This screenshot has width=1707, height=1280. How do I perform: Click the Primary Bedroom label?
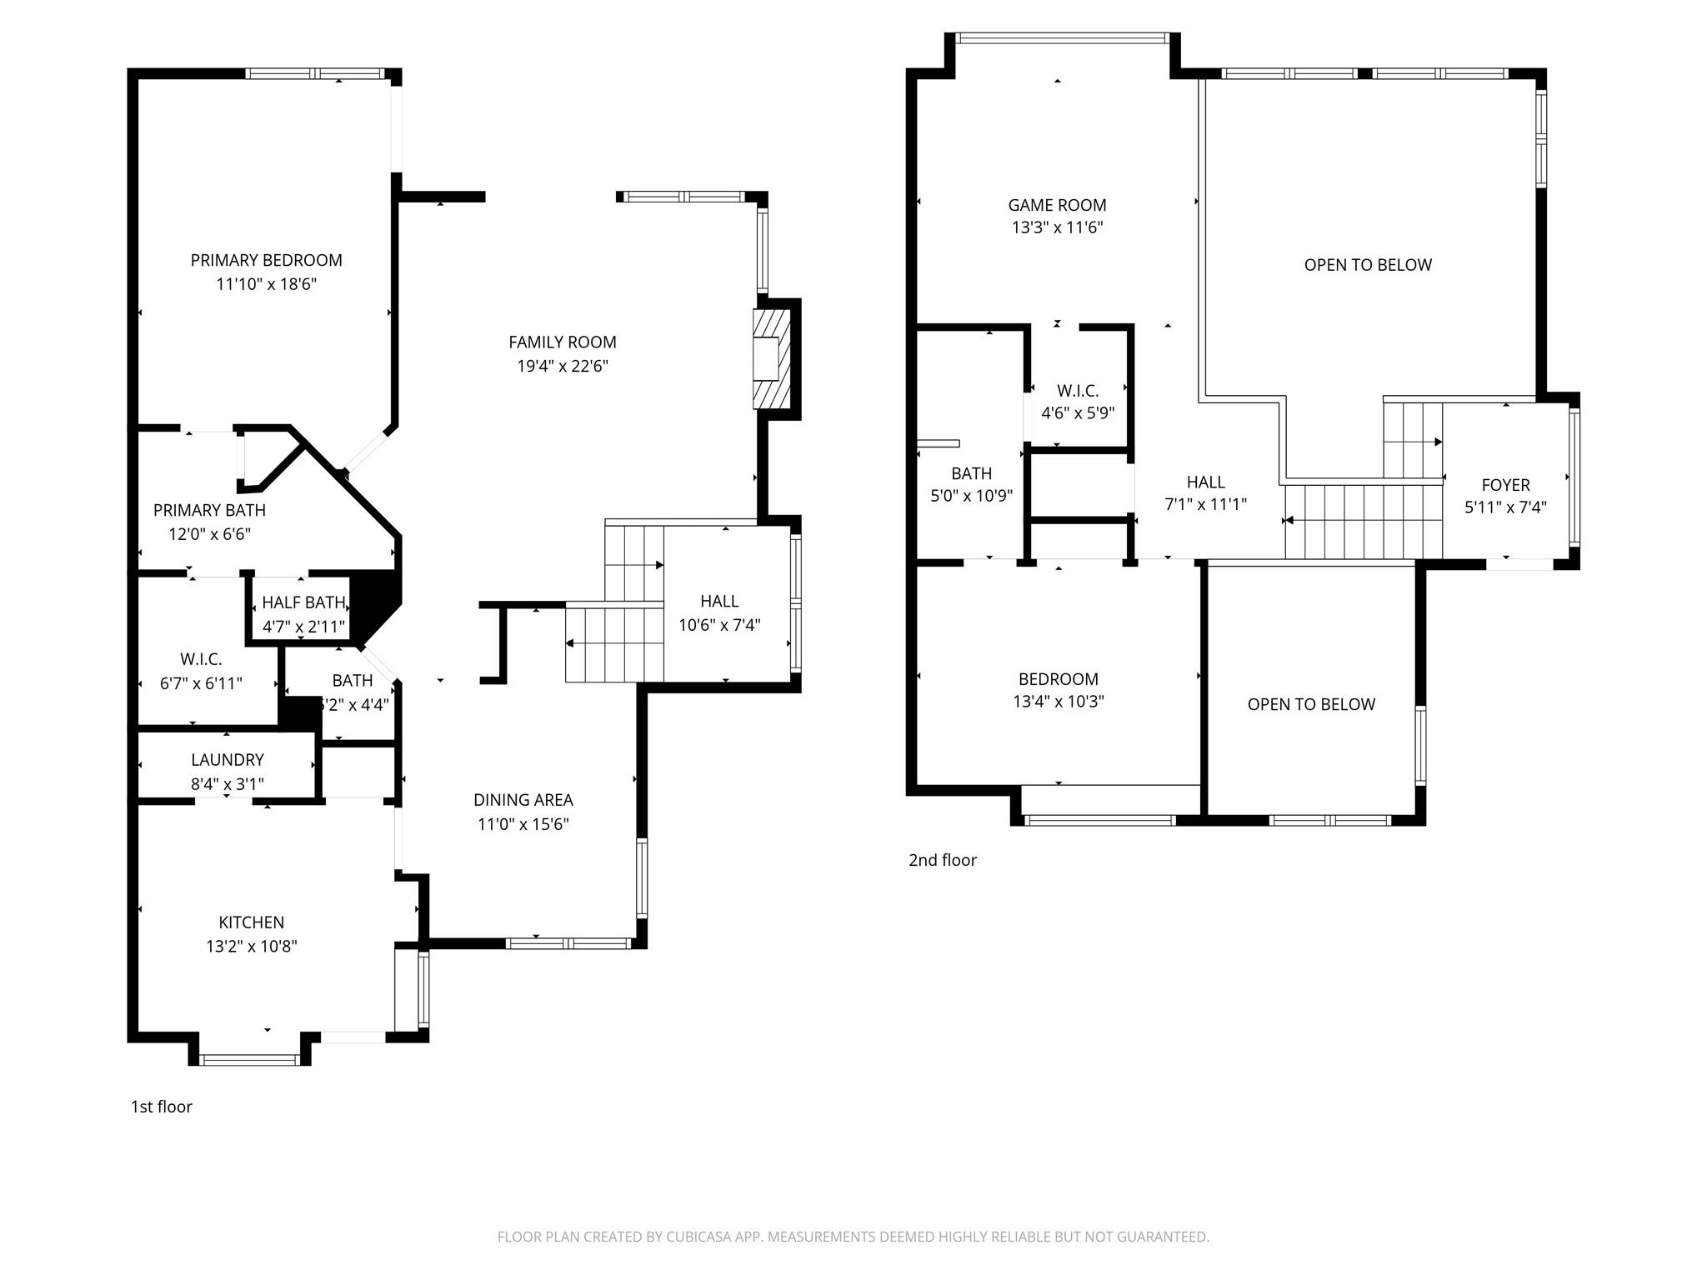point(266,260)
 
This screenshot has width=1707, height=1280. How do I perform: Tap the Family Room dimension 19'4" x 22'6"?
point(563,366)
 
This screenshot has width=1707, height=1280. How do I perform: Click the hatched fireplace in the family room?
point(771,358)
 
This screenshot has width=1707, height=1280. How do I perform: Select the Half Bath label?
point(303,602)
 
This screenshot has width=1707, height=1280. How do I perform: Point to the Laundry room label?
point(227,760)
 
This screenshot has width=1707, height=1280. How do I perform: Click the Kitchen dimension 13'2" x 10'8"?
point(252,946)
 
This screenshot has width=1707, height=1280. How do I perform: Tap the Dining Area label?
point(523,800)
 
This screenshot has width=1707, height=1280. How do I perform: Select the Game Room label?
point(1057,205)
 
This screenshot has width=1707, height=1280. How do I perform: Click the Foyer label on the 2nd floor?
point(1505,485)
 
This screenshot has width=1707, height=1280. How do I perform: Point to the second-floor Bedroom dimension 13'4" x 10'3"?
point(1058,702)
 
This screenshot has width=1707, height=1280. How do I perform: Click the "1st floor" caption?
point(162,1107)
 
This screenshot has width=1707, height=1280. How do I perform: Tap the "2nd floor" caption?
point(942,860)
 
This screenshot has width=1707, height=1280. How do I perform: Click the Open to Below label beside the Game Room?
point(1367,265)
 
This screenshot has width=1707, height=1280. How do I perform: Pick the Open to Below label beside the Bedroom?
point(1310,704)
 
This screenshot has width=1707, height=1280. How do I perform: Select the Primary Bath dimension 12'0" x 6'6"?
point(209,534)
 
